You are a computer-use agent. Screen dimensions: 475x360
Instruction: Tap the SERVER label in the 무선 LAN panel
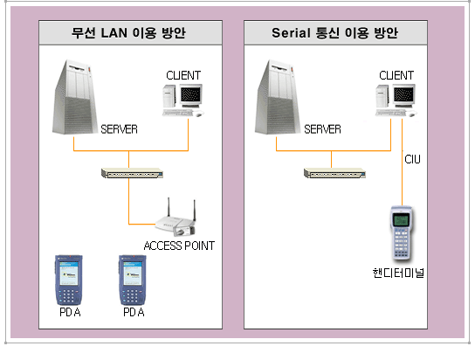119,129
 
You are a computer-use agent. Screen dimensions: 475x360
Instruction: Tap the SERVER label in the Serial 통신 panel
322,129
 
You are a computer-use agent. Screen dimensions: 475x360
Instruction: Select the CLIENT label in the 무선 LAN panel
183,75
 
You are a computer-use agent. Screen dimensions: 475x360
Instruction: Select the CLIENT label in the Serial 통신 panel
396,75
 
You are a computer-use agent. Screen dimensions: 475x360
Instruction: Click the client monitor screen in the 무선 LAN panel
190,94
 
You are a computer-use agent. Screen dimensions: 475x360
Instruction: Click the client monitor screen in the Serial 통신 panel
403,94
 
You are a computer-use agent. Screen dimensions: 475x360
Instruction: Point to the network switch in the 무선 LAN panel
132,173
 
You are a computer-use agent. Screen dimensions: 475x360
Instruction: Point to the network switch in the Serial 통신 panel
334,173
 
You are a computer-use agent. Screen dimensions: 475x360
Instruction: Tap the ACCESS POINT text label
179,246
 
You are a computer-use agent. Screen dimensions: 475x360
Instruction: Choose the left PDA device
69,280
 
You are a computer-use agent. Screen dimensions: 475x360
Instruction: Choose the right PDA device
133,280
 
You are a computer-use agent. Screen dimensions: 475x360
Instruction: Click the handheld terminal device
402,233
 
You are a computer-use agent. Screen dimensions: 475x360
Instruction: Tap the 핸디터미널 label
398,273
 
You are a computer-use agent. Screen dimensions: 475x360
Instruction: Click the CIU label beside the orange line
412,159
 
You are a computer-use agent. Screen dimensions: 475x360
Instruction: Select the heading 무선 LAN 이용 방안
128,32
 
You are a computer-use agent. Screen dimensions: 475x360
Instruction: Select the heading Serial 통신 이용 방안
334,32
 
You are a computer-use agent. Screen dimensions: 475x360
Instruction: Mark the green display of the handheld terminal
401,219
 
